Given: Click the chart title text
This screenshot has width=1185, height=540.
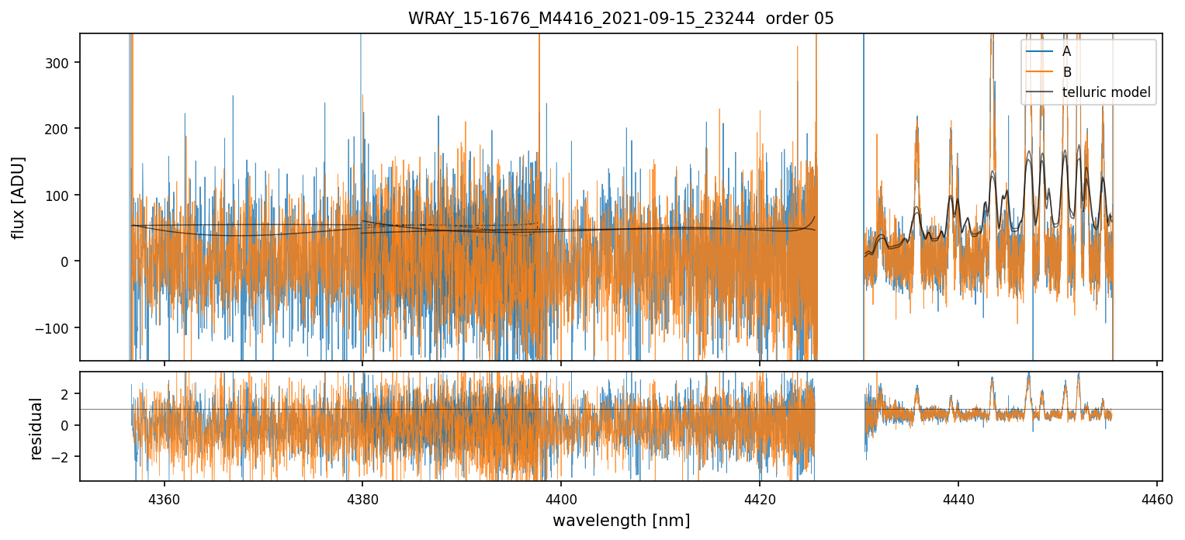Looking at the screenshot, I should [621, 19].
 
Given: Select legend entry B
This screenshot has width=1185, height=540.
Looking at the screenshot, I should [1066, 72].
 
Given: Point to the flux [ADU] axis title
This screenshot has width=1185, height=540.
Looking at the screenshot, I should [18, 197].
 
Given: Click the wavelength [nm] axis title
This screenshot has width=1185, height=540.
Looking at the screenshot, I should [621, 520].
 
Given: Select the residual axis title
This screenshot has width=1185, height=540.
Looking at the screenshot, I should [36, 427].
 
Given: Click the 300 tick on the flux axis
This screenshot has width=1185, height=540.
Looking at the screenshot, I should [61, 62].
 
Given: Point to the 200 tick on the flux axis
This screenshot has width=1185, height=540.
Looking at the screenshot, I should [61, 129].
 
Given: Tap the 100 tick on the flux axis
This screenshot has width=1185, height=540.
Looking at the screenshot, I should [61, 195].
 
